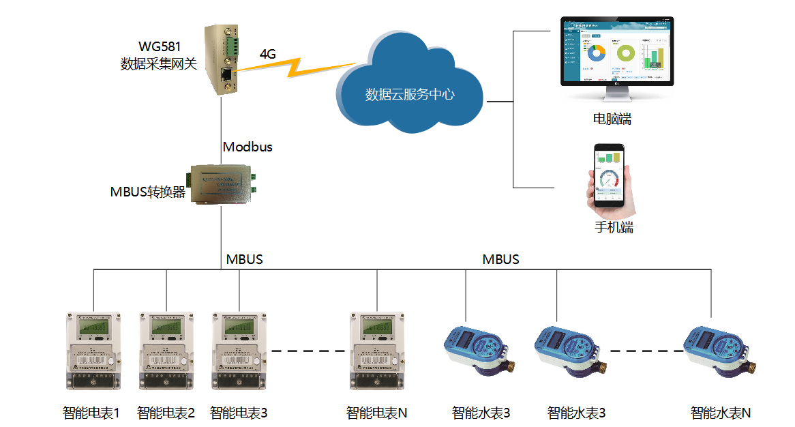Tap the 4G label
(x=268, y=54)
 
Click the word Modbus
(x=247, y=147)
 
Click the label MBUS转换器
(x=148, y=192)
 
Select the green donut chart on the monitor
(x=625, y=53)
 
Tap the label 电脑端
(x=612, y=119)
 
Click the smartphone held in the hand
(x=610, y=175)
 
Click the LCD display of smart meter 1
(x=93, y=329)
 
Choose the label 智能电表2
(x=166, y=413)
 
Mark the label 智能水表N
(x=721, y=413)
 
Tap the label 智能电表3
(x=239, y=413)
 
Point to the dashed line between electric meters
(x=307, y=352)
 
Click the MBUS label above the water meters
(x=500, y=259)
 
